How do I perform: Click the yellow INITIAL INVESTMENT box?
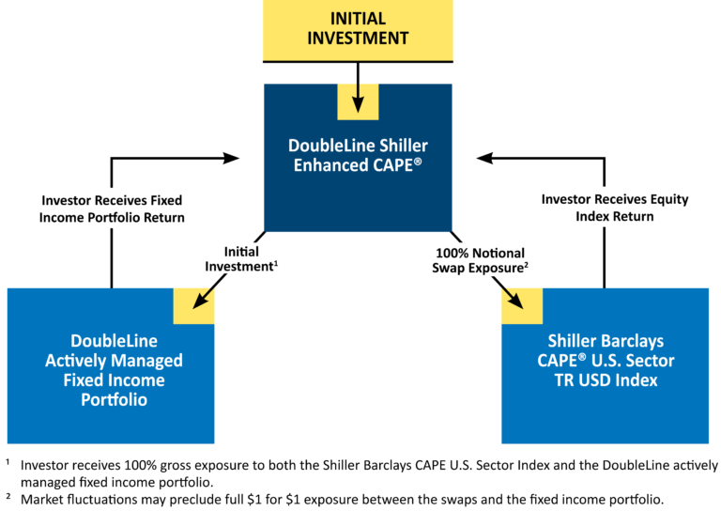tap(358, 27)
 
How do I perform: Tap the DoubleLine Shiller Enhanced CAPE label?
tap(358, 154)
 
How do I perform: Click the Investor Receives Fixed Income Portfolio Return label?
tap(112, 209)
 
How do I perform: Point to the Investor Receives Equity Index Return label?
tap(615, 209)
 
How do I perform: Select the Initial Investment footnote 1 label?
tap(241, 259)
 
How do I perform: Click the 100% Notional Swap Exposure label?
tap(480, 260)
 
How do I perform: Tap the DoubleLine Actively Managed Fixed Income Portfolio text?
tap(114, 369)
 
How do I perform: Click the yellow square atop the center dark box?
tap(358, 101)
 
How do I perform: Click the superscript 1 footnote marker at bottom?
tap(8, 461)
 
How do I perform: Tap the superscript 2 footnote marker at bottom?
tap(8, 495)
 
